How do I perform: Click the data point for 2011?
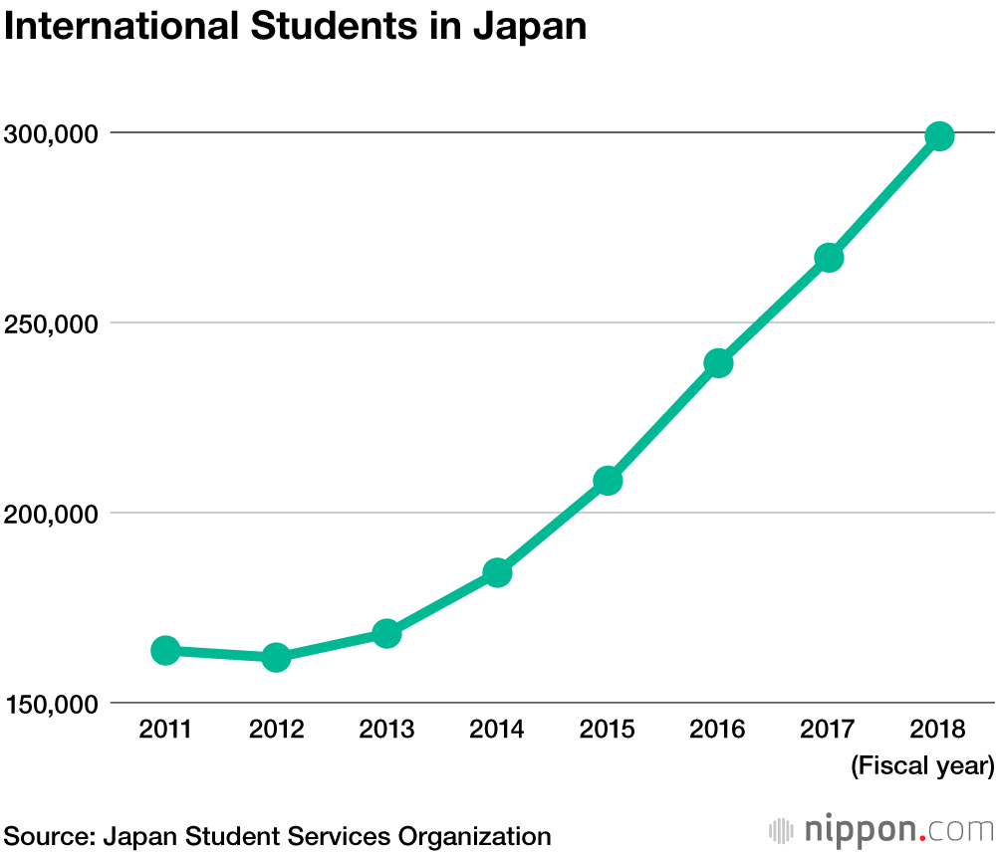[165, 651]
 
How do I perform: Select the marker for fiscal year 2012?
[276, 657]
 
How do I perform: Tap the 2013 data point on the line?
[386, 633]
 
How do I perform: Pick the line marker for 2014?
[497, 572]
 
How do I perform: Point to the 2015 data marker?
[608, 481]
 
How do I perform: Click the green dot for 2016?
[718, 363]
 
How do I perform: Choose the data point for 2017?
[829, 258]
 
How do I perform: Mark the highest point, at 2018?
[939, 136]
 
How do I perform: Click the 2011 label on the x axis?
[165, 730]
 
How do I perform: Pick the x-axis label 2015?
[608, 730]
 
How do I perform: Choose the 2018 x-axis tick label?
[939, 730]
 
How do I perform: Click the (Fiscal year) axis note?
[922, 766]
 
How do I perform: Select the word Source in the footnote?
[47, 836]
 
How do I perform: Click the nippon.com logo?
[882, 829]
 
